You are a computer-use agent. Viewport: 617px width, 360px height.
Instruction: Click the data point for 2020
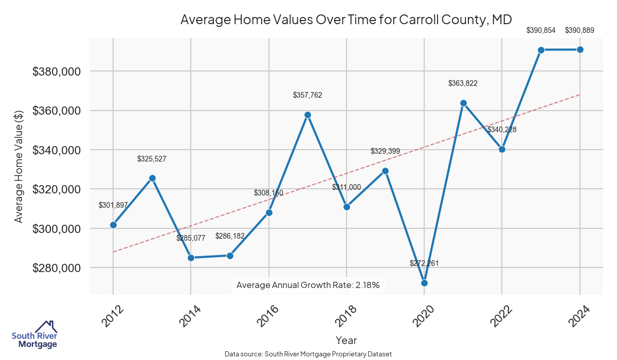tap(424, 283)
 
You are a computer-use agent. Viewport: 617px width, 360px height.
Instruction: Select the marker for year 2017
tap(307, 115)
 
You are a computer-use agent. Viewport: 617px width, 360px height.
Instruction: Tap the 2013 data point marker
tap(152, 178)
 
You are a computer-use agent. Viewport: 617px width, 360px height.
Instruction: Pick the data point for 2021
tap(463, 103)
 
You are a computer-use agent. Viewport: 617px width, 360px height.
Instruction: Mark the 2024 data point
tap(580, 49)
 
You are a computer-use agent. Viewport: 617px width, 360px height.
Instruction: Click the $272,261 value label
tap(424, 263)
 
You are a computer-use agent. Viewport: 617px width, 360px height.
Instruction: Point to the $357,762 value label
tap(307, 95)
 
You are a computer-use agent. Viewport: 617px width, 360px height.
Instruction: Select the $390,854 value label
tap(541, 30)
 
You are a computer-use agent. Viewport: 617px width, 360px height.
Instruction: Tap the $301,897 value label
tap(113, 205)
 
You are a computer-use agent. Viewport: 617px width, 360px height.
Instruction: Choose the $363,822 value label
tap(463, 83)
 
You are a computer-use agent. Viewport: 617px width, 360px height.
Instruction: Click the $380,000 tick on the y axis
tap(56, 71)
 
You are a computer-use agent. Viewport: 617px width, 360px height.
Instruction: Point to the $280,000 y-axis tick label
tap(56, 268)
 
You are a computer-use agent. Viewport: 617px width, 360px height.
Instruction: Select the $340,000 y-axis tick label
tap(56, 150)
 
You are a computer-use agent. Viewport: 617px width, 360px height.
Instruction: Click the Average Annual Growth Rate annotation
tap(307, 285)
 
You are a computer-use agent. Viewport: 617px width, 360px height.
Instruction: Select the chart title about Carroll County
tap(346, 20)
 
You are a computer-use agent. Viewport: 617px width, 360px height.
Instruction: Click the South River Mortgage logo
tap(35, 335)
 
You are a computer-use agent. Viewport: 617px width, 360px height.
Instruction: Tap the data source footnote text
tap(308, 354)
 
